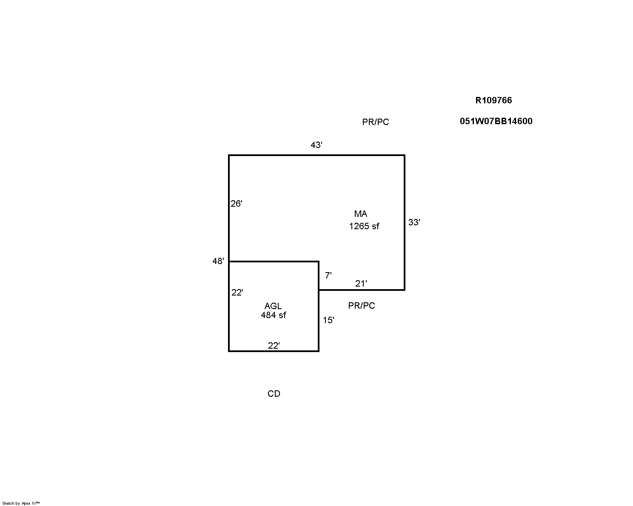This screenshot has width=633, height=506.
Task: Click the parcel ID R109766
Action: pyautogui.click(x=493, y=100)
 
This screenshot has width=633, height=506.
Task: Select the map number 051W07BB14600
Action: pyautogui.click(x=496, y=121)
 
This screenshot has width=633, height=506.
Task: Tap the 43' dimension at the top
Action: pyautogui.click(x=316, y=145)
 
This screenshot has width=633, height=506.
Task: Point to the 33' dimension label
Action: pyautogui.click(x=414, y=222)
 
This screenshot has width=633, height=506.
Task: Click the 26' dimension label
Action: pyautogui.click(x=237, y=203)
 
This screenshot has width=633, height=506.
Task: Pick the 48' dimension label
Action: pyautogui.click(x=218, y=261)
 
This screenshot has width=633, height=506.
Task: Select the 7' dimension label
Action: pyautogui.click(x=328, y=275)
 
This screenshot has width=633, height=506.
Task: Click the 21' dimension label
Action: pyautogui.click(x=361, y=284)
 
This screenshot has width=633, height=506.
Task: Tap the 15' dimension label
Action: pyautogui.click(x=328, y=320)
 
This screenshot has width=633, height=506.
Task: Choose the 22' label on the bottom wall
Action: pyautogui.click(x=274, y=345)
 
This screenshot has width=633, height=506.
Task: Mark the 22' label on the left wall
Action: pyautogui.click(x=237, y=293)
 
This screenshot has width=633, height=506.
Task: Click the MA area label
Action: pyautogui.click(x=361, y=214)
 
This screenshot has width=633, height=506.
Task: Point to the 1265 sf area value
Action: pyautogui.click(x=364, y=226)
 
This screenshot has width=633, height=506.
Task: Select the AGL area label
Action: pyautogui.click(x=273, y=306)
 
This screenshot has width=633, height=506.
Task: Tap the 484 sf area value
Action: pyautogui.click(x=274, y=315)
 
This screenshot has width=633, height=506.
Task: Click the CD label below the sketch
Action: pyautogui.click(x=274, y=394)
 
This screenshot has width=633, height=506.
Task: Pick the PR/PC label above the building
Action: pyautogui.click(x=376, y=122)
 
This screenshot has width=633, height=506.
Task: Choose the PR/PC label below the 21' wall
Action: pyautogui.click(x=362, y=306)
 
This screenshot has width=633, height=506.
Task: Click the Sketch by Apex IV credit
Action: pyautogui.click(x=21, y=503)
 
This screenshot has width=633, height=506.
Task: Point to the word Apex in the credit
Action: pyautogui.click(x=26, y=503)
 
